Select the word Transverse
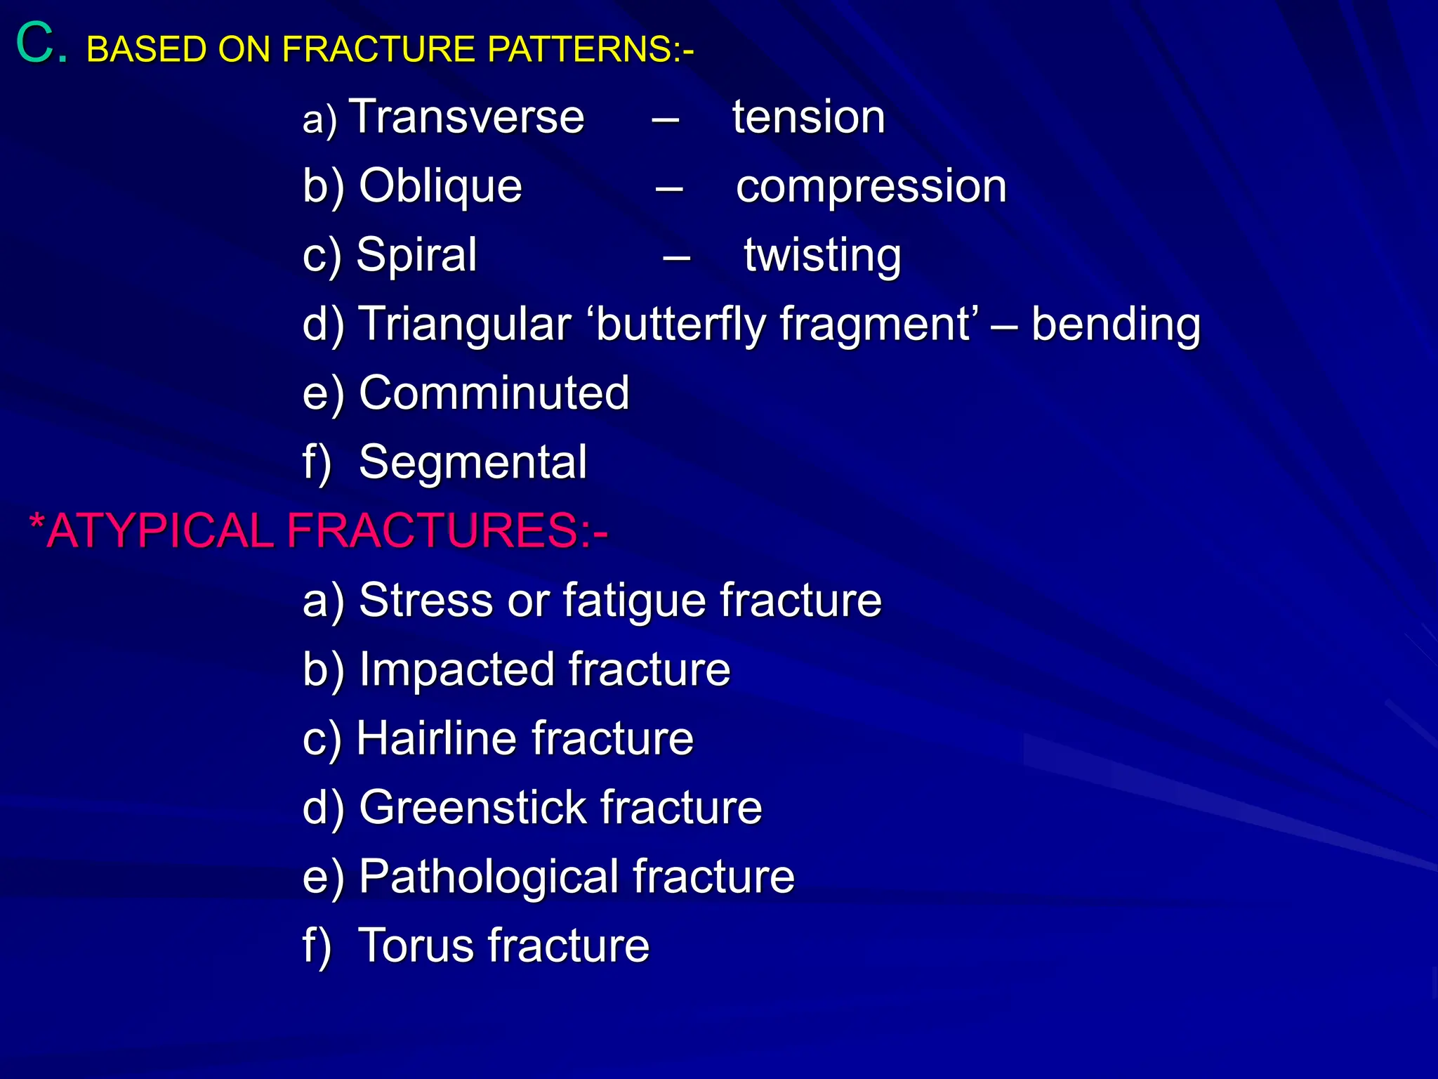point(467,117)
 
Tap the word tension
point(809,117)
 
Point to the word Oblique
point(440,187)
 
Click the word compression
point(871,187)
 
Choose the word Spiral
point(416,254)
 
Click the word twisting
point(822,256)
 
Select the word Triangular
point(465,325)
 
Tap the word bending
point(1116,325)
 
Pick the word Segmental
point(473,462)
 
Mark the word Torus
point(415,946)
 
